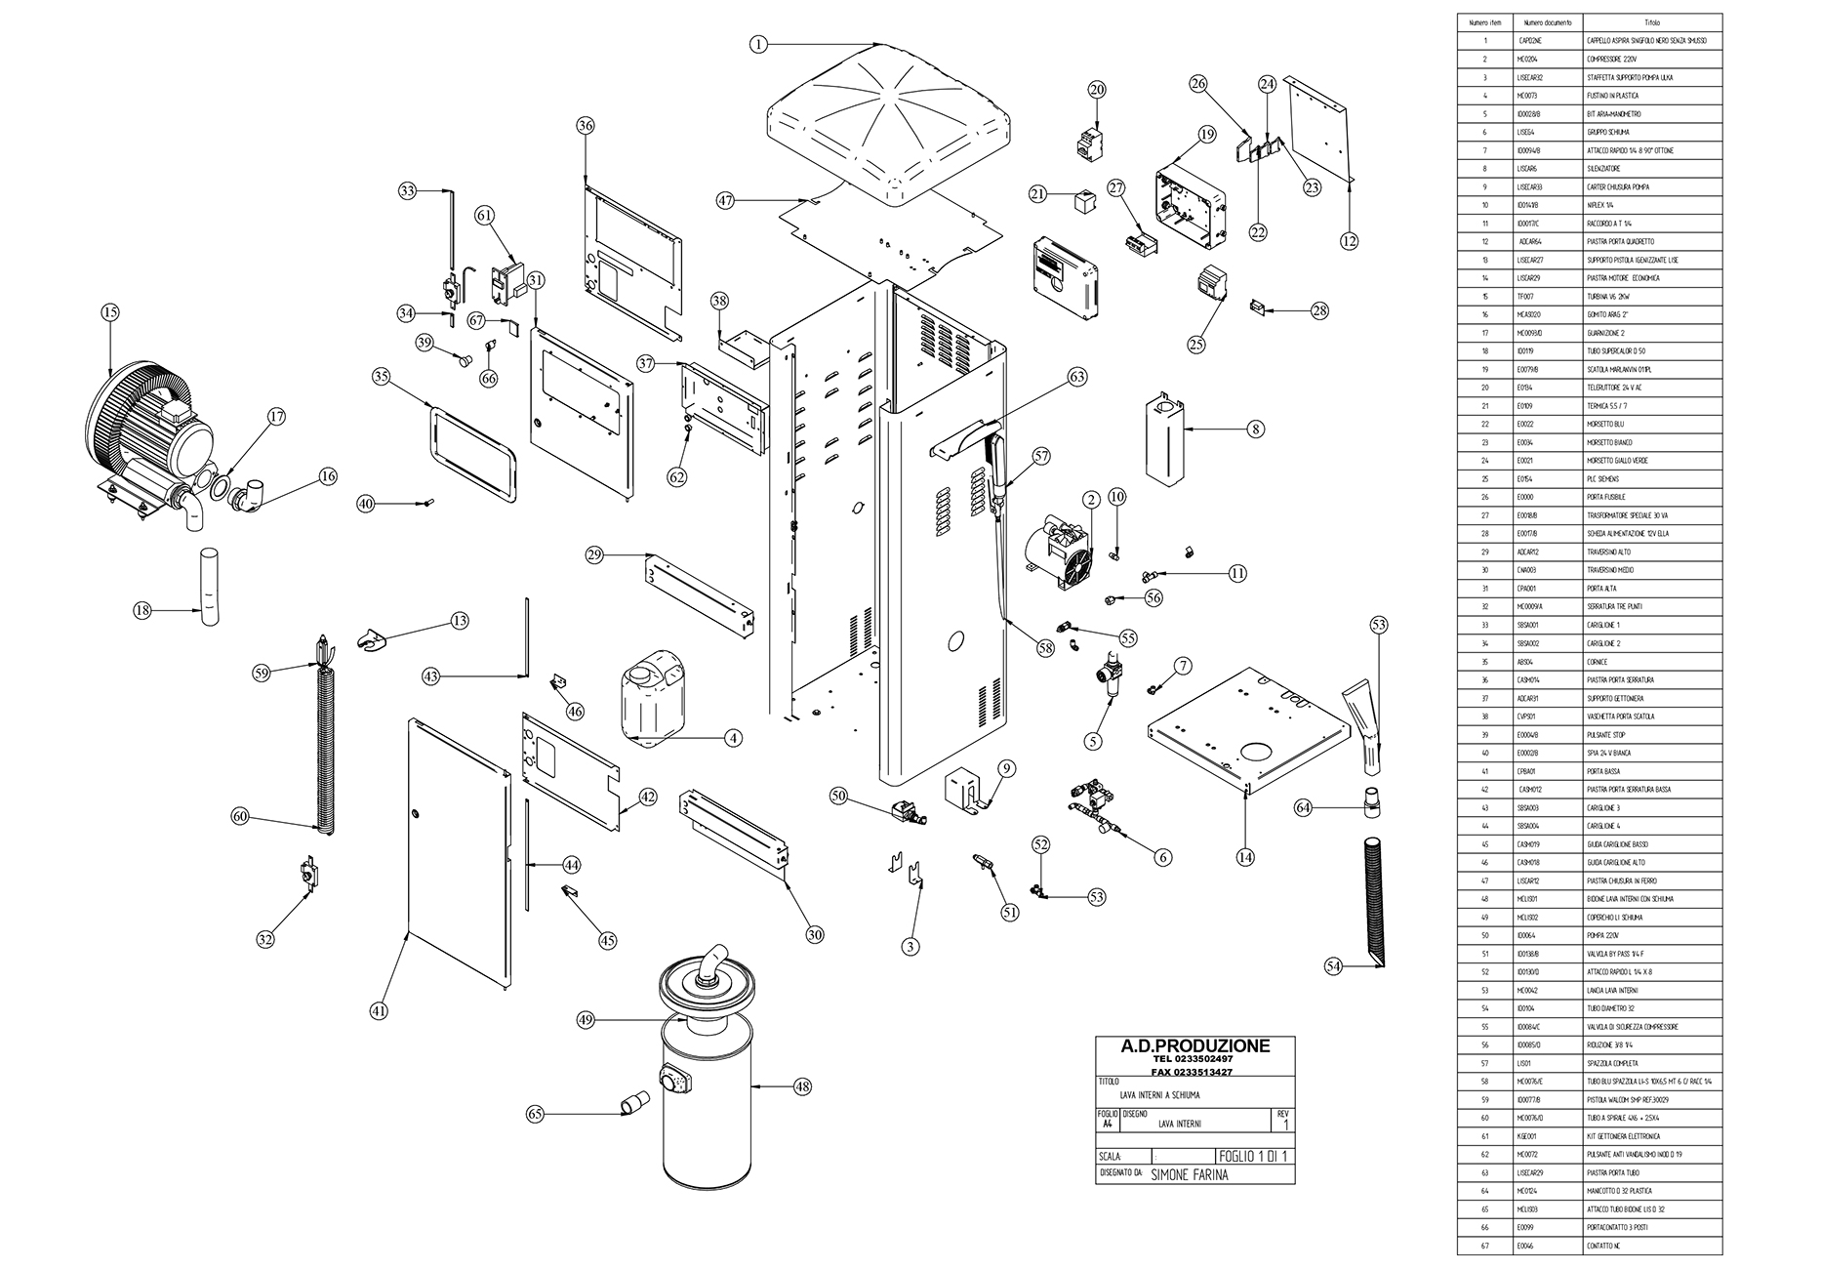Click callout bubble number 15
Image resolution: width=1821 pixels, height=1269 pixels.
point(109,312)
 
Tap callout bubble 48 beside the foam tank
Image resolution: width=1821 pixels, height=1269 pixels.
point(802,1086)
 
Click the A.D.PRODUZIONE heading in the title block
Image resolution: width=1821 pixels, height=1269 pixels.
point(1194,1046)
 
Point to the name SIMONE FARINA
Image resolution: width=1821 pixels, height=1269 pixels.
point(1190,1174)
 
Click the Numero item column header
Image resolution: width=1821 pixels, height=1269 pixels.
point(1485,22)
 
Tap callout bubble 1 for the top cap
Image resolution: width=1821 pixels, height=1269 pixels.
point(760,44)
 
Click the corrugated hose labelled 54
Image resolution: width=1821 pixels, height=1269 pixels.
point(1374,899)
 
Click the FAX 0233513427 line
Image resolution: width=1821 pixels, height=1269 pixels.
point(1194,1072)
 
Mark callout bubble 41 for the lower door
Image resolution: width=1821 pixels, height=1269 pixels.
point(379,1011)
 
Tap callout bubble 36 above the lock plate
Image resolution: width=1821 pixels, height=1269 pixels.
point(586,126)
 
